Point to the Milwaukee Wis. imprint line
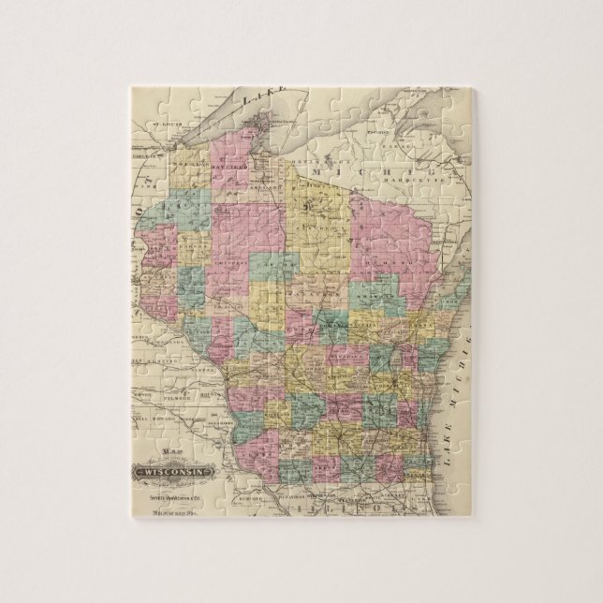coord(178,510)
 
